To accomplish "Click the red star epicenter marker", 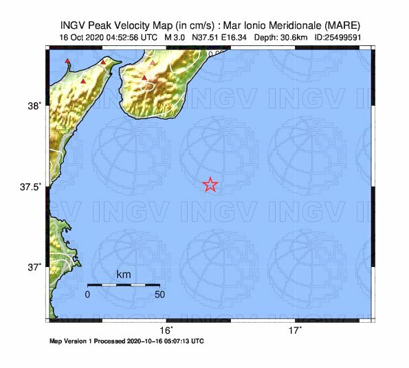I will coord(210,184).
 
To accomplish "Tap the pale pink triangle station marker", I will coord(153,63).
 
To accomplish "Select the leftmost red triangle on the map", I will coord(67,62).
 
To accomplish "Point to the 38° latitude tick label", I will coord(34,105).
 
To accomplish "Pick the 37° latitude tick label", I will coord(34,266).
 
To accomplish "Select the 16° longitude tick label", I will coord(166,331).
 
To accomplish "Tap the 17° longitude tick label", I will coord(295,331).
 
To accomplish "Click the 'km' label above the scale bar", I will coord(124,275).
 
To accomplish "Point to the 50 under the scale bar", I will coord(159,295).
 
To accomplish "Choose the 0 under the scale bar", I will coord(87,295).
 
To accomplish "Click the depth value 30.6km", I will coord(293,37).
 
